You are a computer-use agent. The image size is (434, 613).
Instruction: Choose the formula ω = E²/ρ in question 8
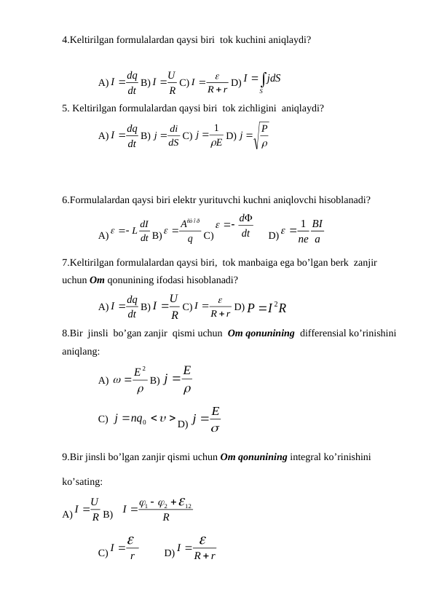point(130,378)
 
